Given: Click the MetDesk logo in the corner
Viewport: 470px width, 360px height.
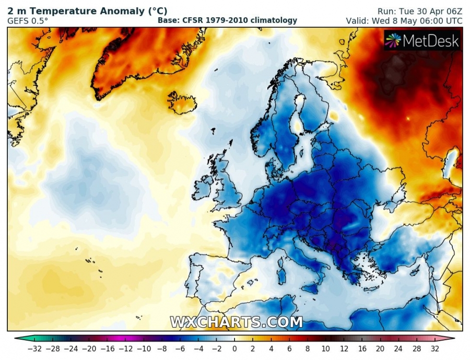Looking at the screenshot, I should [423, 40].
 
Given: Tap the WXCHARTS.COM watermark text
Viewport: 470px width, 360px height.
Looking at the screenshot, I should [236, 322].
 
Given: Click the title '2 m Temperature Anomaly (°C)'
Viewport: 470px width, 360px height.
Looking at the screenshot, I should [87, 10].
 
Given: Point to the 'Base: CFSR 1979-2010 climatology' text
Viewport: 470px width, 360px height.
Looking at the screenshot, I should [227, 20].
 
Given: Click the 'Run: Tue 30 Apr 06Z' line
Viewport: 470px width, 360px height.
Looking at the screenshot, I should [420, 11].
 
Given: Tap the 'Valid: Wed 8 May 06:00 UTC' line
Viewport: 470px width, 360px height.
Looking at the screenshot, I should [404, 21].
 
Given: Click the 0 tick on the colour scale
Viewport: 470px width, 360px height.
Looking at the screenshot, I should [234, 349].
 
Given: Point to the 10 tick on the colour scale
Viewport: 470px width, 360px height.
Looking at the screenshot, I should [325, 349].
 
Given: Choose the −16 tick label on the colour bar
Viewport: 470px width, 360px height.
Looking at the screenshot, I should [107, 349].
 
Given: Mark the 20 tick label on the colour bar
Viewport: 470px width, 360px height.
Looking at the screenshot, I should [380, 349].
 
